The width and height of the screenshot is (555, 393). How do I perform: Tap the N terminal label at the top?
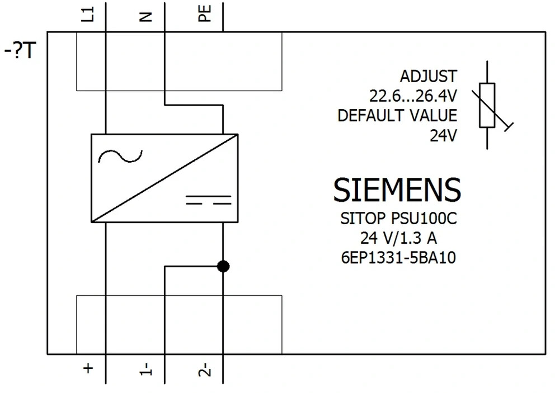click(146, 16)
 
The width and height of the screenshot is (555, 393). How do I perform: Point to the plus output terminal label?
click(88, 368)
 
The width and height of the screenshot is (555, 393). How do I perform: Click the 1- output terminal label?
click(146, 369)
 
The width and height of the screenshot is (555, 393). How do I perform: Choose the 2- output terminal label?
click(205, 370)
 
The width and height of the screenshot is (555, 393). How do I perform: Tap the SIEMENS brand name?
click(397, 191)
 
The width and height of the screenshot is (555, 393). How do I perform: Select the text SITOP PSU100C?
click(398, 219)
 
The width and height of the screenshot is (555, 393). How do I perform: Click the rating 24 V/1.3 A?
click(398, 239)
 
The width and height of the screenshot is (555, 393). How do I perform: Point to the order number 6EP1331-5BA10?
click(398, 258)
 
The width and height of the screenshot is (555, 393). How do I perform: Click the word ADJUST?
click(429, 76)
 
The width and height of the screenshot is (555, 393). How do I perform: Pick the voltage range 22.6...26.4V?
click(413, 96)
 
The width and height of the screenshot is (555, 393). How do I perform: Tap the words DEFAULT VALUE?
click(397, 116)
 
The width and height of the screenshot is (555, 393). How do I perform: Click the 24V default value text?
click(443, 136)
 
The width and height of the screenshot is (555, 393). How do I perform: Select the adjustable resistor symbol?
click(487, 106)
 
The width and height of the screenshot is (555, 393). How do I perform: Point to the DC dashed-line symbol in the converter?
click(208, 200)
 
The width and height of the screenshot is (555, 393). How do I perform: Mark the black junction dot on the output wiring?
click(223, 266)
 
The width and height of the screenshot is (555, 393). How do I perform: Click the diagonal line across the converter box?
click(164, 178)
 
